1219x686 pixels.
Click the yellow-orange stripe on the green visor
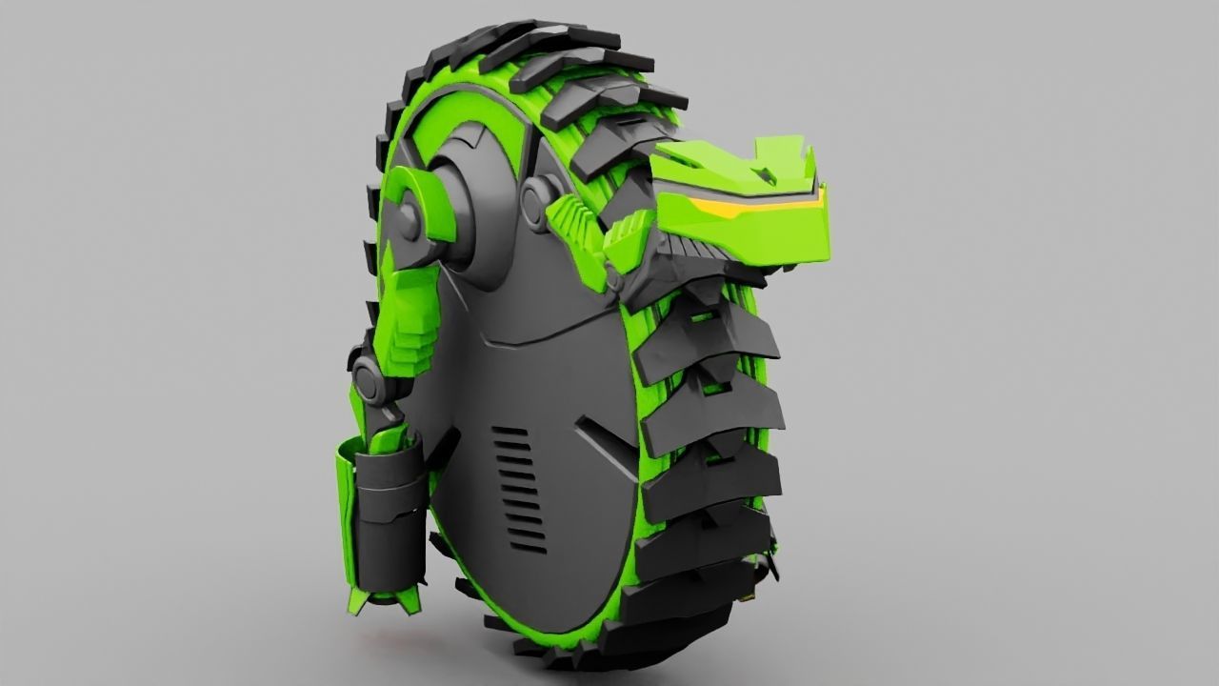752,204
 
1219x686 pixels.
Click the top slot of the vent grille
510,432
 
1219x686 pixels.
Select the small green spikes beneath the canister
377,600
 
